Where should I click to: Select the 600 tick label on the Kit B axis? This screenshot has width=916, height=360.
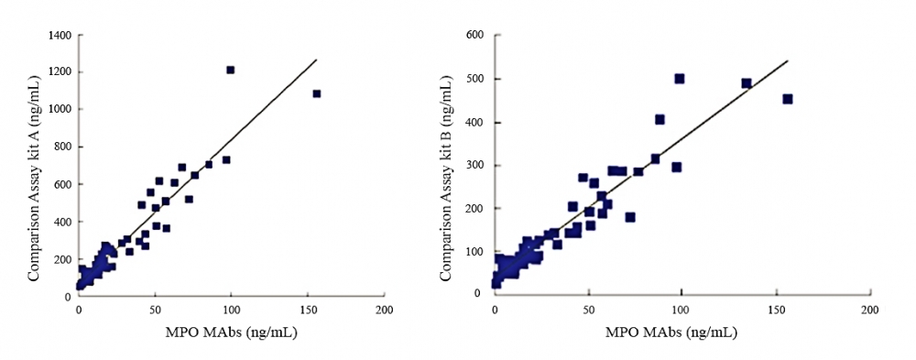pos(475,36)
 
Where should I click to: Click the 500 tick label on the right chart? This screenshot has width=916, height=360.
pos(475,79)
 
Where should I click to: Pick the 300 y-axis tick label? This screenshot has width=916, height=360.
pos(475,165)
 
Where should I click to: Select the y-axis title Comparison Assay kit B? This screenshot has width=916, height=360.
pos(448,165)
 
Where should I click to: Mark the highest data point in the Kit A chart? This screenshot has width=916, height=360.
pos(231,70)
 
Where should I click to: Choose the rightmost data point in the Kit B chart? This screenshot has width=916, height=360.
pos(787,99)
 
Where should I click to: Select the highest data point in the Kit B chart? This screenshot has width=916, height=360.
pos(680,79)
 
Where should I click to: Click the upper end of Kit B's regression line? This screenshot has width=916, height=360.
pos(788,61)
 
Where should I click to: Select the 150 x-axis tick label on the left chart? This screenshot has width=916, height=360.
pos(308,311)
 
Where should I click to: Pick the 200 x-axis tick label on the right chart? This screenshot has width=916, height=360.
pos(867,311)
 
